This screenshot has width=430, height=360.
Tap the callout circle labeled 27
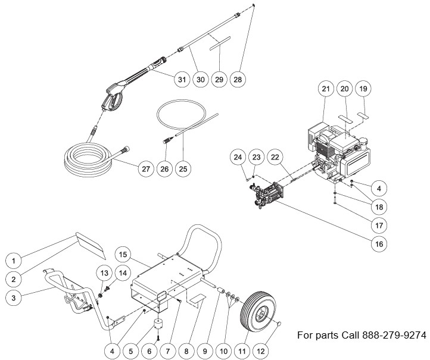click(145, 169)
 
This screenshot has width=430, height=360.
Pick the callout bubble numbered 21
click(326, 89)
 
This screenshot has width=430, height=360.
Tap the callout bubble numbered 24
click(238, 157)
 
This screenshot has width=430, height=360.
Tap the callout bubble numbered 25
click(183, 169)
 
